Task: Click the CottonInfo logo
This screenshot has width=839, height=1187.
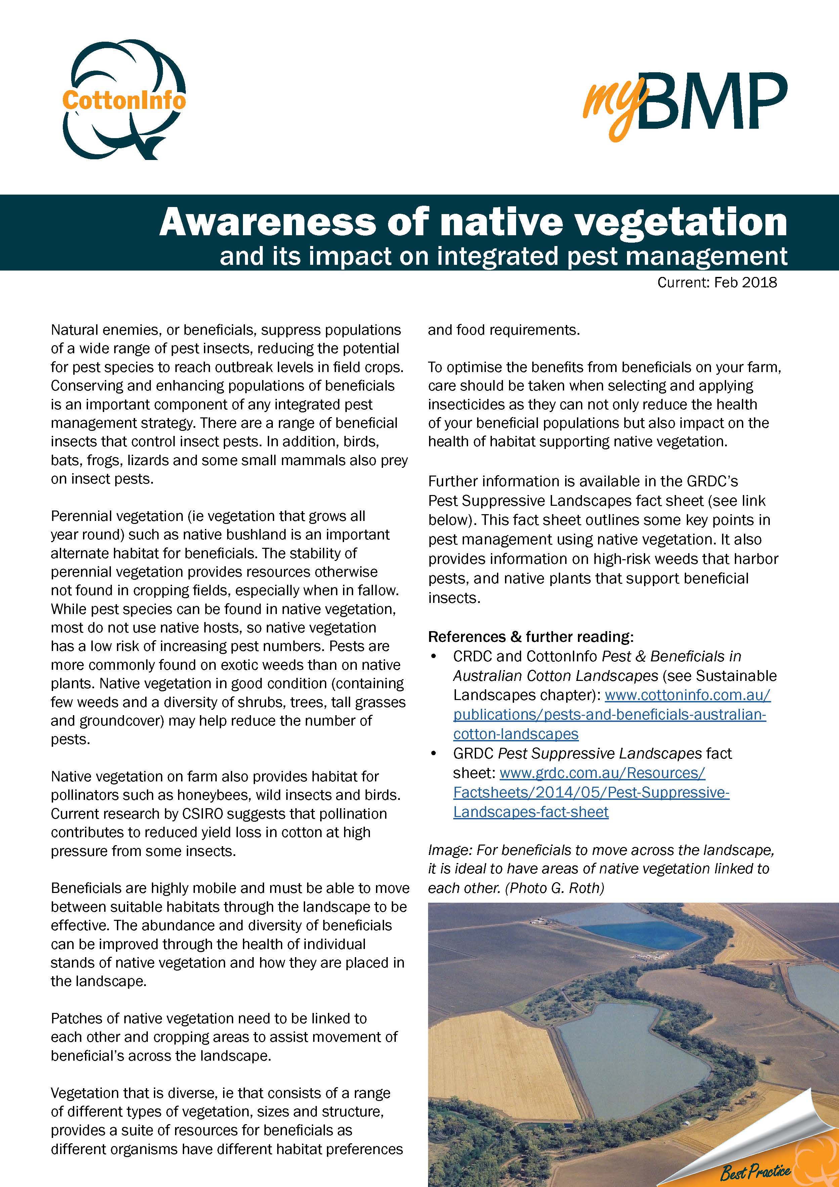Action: point(124,100)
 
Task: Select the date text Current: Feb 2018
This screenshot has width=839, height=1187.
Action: point(717,282)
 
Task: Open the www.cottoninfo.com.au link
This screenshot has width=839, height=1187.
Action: point(687,695)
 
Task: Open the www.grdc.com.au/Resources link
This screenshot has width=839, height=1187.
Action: point(602,773)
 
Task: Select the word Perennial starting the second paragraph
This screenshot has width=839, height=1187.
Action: point(81,516)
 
